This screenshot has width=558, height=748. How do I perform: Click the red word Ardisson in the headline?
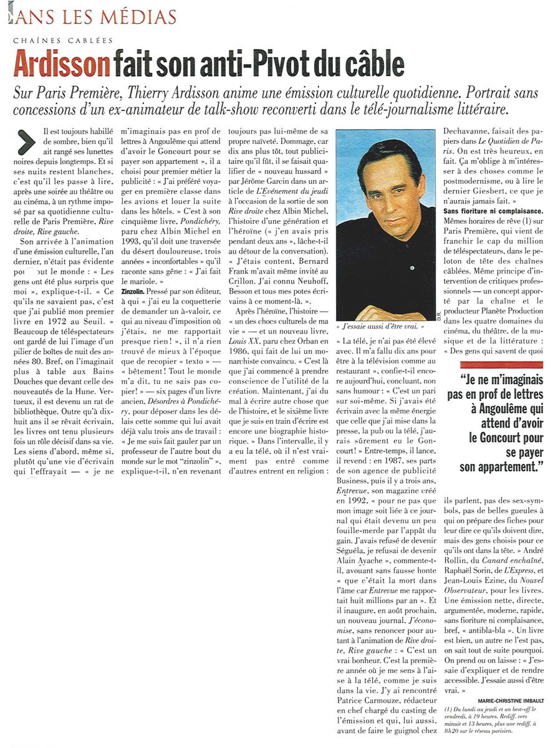61,65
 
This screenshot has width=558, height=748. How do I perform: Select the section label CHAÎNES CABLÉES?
63,41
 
